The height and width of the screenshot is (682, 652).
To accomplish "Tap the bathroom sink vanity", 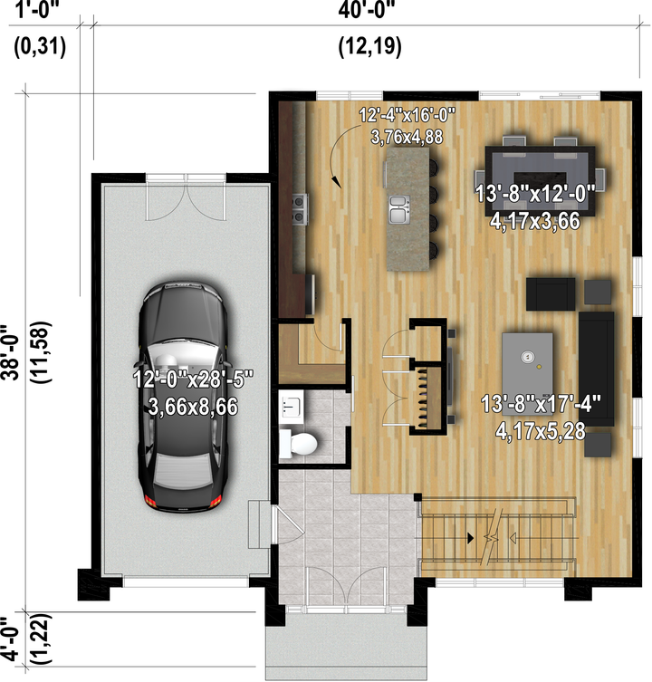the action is click(291, 406).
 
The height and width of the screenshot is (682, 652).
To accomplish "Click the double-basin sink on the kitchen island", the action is click(399, 209).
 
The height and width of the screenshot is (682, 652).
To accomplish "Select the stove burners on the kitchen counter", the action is click(299, 209).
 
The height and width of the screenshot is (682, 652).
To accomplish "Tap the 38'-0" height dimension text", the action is click(11, 352).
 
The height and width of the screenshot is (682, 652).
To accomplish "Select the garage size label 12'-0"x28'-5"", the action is click(193, 379).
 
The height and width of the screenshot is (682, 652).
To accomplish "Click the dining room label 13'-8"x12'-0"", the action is click(535, 193).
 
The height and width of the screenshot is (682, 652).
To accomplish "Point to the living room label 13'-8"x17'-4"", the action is click(541, 404).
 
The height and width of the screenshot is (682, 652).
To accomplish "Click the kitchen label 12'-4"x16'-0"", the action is click(407, 116).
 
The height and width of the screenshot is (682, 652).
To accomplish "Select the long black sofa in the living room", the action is click(596, 369).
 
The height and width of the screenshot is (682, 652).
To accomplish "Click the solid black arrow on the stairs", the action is click(470, 538).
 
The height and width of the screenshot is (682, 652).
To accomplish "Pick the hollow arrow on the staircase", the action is click(513, 539).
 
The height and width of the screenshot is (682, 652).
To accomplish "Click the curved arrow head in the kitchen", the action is click(336, 181).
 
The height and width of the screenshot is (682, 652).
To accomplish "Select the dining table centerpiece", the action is click(540, 178).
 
